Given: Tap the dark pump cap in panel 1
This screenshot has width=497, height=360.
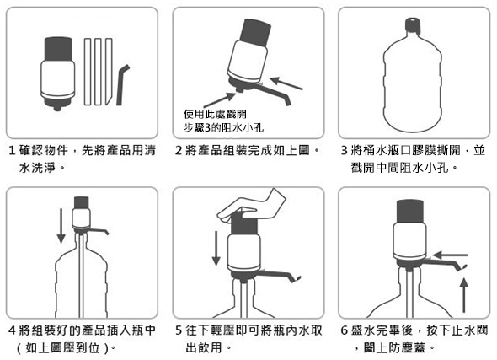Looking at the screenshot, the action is point(58,49).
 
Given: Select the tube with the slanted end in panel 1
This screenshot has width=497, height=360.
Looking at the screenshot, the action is point(109,72).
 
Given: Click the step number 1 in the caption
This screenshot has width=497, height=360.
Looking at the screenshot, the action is point(12,150).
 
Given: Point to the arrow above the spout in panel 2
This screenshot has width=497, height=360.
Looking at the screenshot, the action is point(286,83).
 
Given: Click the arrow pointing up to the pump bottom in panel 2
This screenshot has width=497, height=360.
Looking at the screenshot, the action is point(219,99).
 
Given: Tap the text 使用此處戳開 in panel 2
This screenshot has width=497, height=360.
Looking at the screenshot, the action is point(215,114).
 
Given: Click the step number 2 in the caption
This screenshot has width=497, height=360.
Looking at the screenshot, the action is point(179,150).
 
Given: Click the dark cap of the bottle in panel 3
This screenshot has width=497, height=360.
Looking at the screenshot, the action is point(413,24).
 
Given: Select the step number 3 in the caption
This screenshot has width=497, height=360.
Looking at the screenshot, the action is point(345,150).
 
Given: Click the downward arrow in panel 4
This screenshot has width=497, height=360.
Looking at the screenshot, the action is point(61,225).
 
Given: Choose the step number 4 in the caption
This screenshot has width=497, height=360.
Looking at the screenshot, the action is point(12,330).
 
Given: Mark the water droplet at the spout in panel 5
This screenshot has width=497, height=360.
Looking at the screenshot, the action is point(298,279).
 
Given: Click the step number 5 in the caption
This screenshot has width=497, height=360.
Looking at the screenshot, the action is point(179,330).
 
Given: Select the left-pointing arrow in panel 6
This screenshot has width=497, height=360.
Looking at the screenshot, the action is point(450,255).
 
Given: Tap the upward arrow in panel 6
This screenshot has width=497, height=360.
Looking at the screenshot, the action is point(464,295).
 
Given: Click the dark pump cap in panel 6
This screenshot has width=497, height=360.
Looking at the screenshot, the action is point(410,211).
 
